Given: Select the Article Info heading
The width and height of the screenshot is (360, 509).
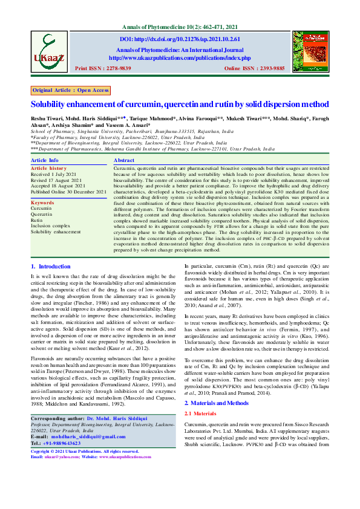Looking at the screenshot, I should pyautogui.click(x=45, y=160).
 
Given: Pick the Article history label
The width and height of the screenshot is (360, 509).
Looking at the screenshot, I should pyautogui.click(x=49, y=167).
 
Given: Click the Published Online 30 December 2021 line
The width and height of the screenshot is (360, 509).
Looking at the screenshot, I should pyautogui.click(x=65, y=192).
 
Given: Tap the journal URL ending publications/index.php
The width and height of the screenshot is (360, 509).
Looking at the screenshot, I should pyautogui.click(x=179, y=57).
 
